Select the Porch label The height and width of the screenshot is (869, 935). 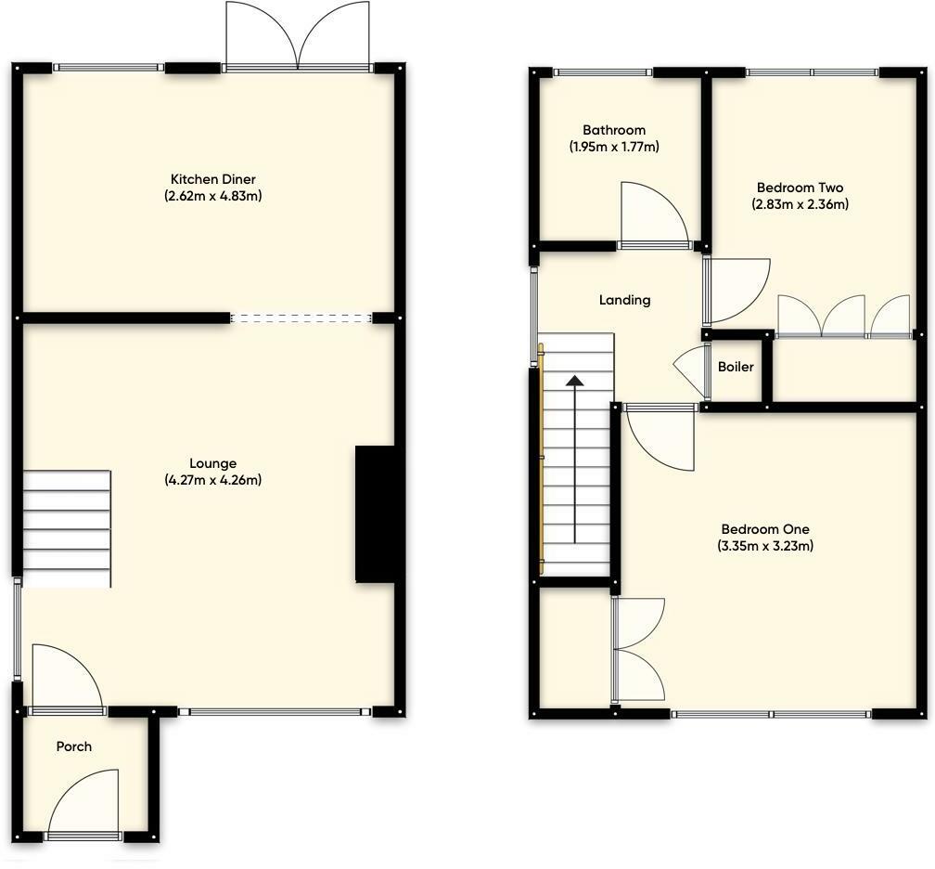point(74,746)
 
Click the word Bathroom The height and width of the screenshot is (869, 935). point(613,130)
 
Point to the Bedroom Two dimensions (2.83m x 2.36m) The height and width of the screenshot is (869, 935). point(800,204)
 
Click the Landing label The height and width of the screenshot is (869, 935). point(624,300)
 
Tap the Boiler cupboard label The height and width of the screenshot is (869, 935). point(736,367)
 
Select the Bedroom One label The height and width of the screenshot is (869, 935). point(765,529)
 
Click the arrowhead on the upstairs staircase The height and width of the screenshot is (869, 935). point(575,381)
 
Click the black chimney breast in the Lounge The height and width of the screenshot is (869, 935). point(377,514)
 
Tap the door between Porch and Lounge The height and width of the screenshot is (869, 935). point(66,678)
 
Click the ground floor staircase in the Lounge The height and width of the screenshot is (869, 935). point(67,528)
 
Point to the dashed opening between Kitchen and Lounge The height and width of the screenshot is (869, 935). point(301,318)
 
